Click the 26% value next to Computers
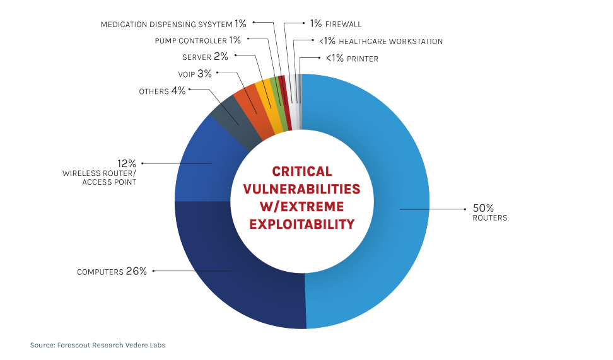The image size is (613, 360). tap(137, 271)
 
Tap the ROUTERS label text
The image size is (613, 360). tap(490, 218)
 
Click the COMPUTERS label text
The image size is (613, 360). tap(100, 272)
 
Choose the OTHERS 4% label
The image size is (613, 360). tap(162, 91)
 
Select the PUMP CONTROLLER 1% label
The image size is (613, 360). tap(198, 40)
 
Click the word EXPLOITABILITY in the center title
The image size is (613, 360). tap(301, 224)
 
